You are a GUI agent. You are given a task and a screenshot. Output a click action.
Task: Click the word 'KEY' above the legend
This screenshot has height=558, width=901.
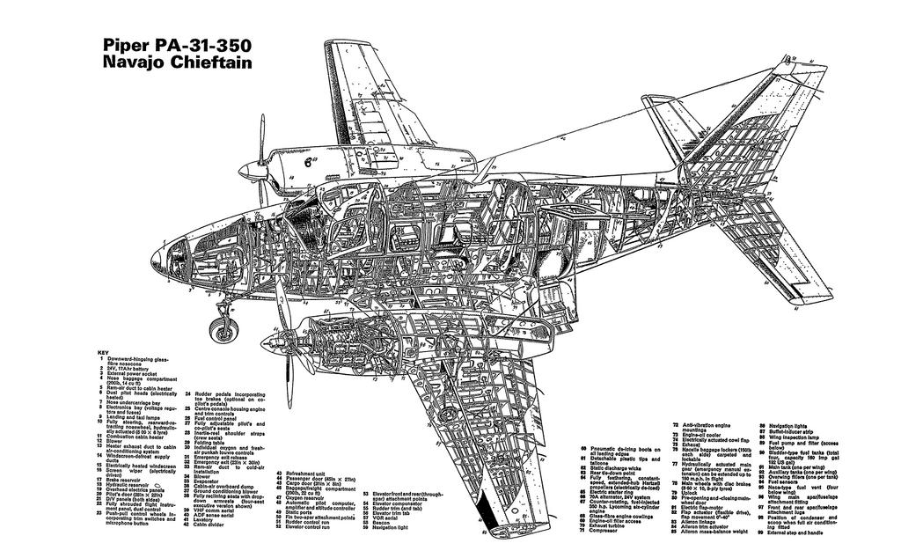click(105, 353)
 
